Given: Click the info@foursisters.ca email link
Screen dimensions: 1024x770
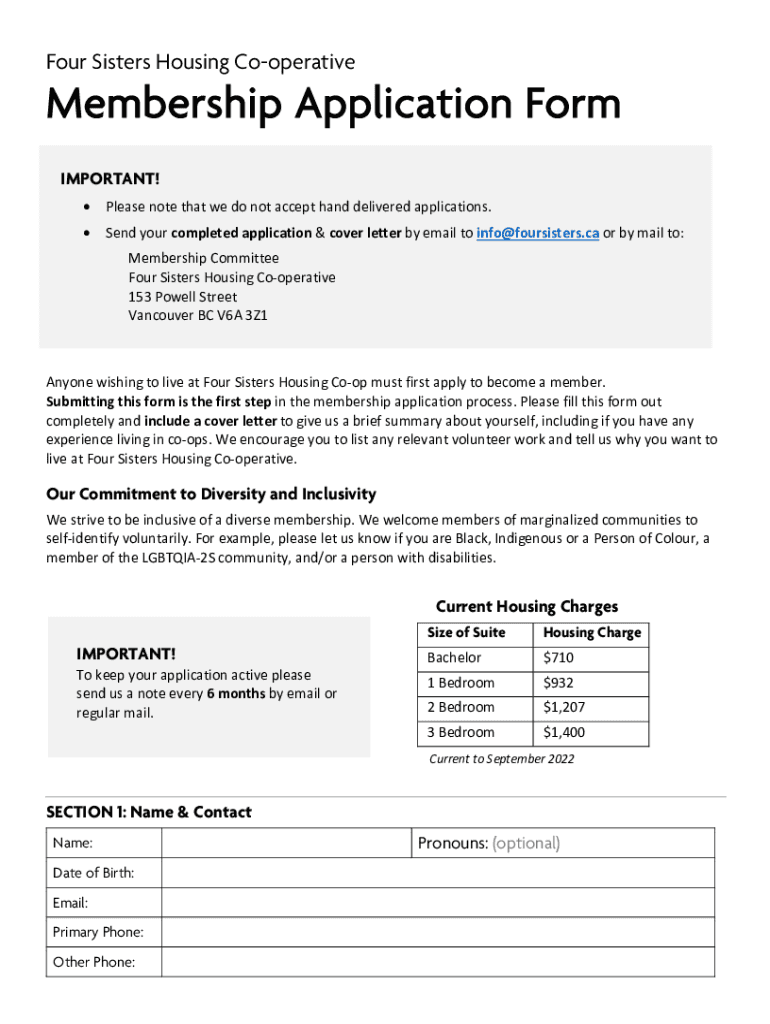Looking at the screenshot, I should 537,233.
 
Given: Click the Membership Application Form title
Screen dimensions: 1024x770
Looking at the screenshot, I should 333,105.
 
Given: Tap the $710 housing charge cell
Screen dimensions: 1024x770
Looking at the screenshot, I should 558,658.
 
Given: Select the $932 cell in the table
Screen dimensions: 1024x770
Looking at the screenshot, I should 558,683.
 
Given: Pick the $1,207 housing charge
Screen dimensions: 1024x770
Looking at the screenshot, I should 564,707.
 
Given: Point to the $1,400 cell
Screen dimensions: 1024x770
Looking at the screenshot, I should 564,732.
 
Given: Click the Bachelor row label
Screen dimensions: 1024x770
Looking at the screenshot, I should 454,658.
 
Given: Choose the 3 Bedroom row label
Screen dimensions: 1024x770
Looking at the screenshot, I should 460,732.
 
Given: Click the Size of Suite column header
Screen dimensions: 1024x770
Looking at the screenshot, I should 466,633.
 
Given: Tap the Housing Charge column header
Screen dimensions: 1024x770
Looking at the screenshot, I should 592,633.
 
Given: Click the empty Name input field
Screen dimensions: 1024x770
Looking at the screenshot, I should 286,843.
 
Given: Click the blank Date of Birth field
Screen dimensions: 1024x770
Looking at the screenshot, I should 437,873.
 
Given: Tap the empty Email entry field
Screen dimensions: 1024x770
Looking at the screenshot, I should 437,903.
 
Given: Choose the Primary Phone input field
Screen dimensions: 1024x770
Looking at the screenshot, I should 437,932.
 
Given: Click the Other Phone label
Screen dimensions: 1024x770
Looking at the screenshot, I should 93,962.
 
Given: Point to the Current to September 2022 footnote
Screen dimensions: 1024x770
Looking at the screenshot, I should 501,759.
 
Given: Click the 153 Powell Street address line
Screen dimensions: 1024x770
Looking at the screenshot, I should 182,297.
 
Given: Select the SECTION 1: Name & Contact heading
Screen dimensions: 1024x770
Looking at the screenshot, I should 149,812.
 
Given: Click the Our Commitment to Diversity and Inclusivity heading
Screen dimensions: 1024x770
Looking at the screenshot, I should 211,494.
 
